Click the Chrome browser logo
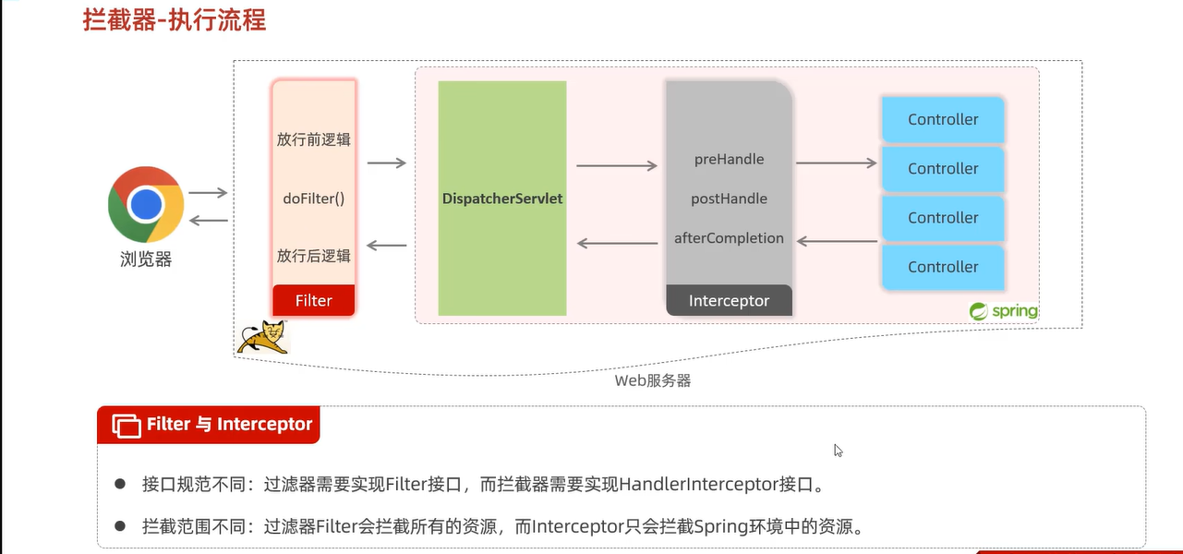pyautogui.click(x=146, y=205)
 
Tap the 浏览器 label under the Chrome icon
pyautogui.click(x=146, y=259)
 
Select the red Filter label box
pyautogui.click(x=314, y=301)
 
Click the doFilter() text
pyautogui.click(x=314, y=199)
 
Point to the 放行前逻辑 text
pyautogui.click(x=314, y=140)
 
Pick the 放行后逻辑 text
pyautogui.click(x=314, y=256)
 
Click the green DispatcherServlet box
pyautogui.click(x=502, y=199)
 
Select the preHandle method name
pyautogui.click(x=729, y=159)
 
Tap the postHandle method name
pyautogui.click(x=729, y=199)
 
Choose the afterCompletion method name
pyautogui.click(x=729, y=238)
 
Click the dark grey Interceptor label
pyautogui.click(x=729, y=301)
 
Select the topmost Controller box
pyautogui.click(x=943, y=120)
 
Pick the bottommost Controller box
pyautogui.click(x=943, y=267)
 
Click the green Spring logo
pyautogui.click(x=1004, y=312)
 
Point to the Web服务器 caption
pyautogui.click(x=653, y=380)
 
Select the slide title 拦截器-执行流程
pyautogui.click(x=175, y=20)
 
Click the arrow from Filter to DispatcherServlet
pyautogui.click(x=387, y=163)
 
